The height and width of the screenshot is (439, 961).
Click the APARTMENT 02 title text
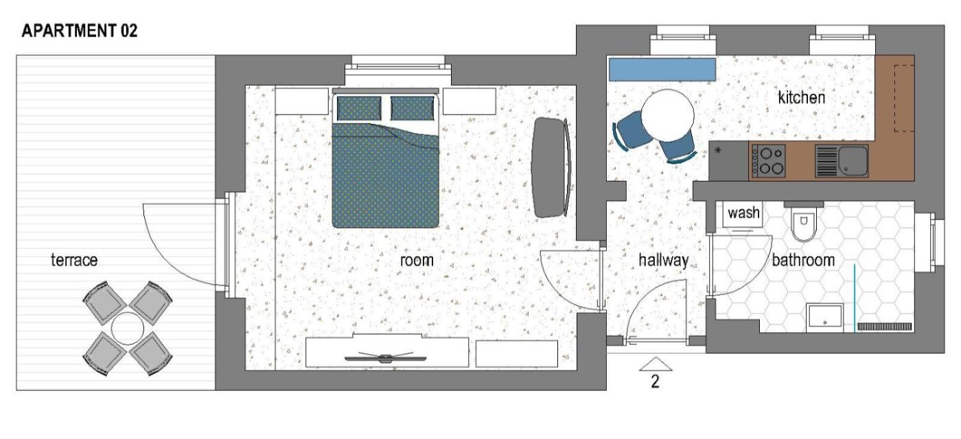pyautogui.click(x=80, y=31)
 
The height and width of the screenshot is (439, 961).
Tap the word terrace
pyautogui.click(x=74, y=260)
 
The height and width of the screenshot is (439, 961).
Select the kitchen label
pyautogui.click(x=802, y=97)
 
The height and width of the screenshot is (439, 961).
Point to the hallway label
pyautogui.click(x=663, y=260)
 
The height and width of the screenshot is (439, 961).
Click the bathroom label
pyautogui.click(x=803, y=260)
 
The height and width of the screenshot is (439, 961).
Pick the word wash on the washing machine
pyautogui.click(x=743, y=213)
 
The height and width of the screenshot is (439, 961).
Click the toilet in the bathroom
pyautogui.click(x=804, y=222)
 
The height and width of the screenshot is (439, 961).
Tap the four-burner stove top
pyautogui.click(x=769, y=161)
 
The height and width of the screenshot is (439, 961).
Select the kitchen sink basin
pyautogui.click(x=853, y=161)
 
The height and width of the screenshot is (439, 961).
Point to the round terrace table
pyautogui.click(x=128, y=329)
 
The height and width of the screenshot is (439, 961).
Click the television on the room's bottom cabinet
pyautogui.click(x=386, y=357)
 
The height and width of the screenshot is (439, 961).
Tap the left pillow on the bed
pyautogui.click(x=359, y=108)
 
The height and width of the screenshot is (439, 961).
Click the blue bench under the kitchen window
pyautogui.click(x=662, y=69)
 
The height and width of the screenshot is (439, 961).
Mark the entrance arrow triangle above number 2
pyautogui.click(x=655, y=364)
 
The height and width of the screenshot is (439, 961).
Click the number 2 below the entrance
pyautogui.click(x=655, y=381)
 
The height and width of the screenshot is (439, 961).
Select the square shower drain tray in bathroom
pyautogui.click(x=824, y=318)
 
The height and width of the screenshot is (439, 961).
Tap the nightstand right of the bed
pyautogui.click(x=470, y=102)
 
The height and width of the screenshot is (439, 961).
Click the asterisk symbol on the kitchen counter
pyautogui.click(x=718, y=150)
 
